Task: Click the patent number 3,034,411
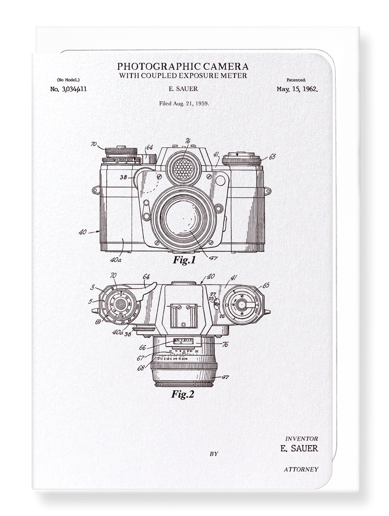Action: click(x=68, y=89)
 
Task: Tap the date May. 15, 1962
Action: click(x=297, y=89)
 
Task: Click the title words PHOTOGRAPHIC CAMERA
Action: click(x=183, y=66)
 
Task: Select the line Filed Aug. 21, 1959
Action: click(x=184, y=103)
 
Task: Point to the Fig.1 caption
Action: click(x=184, y=260)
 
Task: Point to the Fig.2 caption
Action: click(x=183, y=394)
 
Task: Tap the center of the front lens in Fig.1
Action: click(x=183, y=219)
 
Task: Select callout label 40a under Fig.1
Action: click(x=116, y=260)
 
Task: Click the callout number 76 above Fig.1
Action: click(x=187, y=141)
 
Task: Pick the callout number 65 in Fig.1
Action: click(x=272, y=157)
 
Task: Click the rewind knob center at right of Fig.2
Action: click(x=244, y=305)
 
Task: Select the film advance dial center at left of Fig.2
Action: click(x=119, y=304)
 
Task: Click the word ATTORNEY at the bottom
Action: click(x=301, y=469)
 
